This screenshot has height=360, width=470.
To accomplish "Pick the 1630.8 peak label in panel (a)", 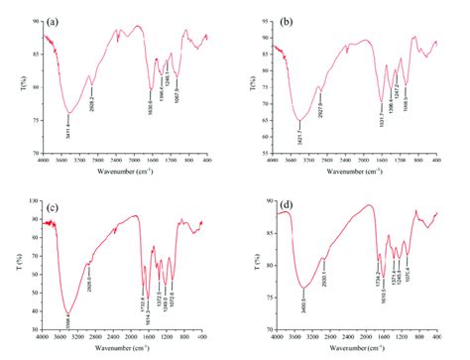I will click(151, 103).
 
